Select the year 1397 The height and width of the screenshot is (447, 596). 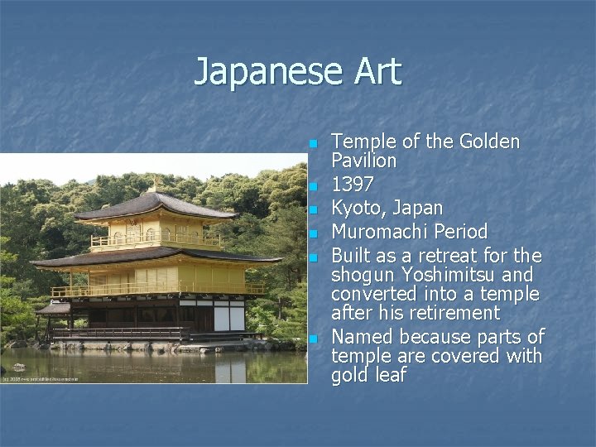click(352, 183)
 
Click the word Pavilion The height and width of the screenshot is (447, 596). click(364, 160)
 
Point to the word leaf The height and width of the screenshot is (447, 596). click(389, 375)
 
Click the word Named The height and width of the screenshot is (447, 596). click(363, 337)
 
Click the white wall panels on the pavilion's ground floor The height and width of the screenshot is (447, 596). click(229, 317)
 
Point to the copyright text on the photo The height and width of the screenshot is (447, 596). click(41, 378)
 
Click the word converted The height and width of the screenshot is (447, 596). click(377, 294)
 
